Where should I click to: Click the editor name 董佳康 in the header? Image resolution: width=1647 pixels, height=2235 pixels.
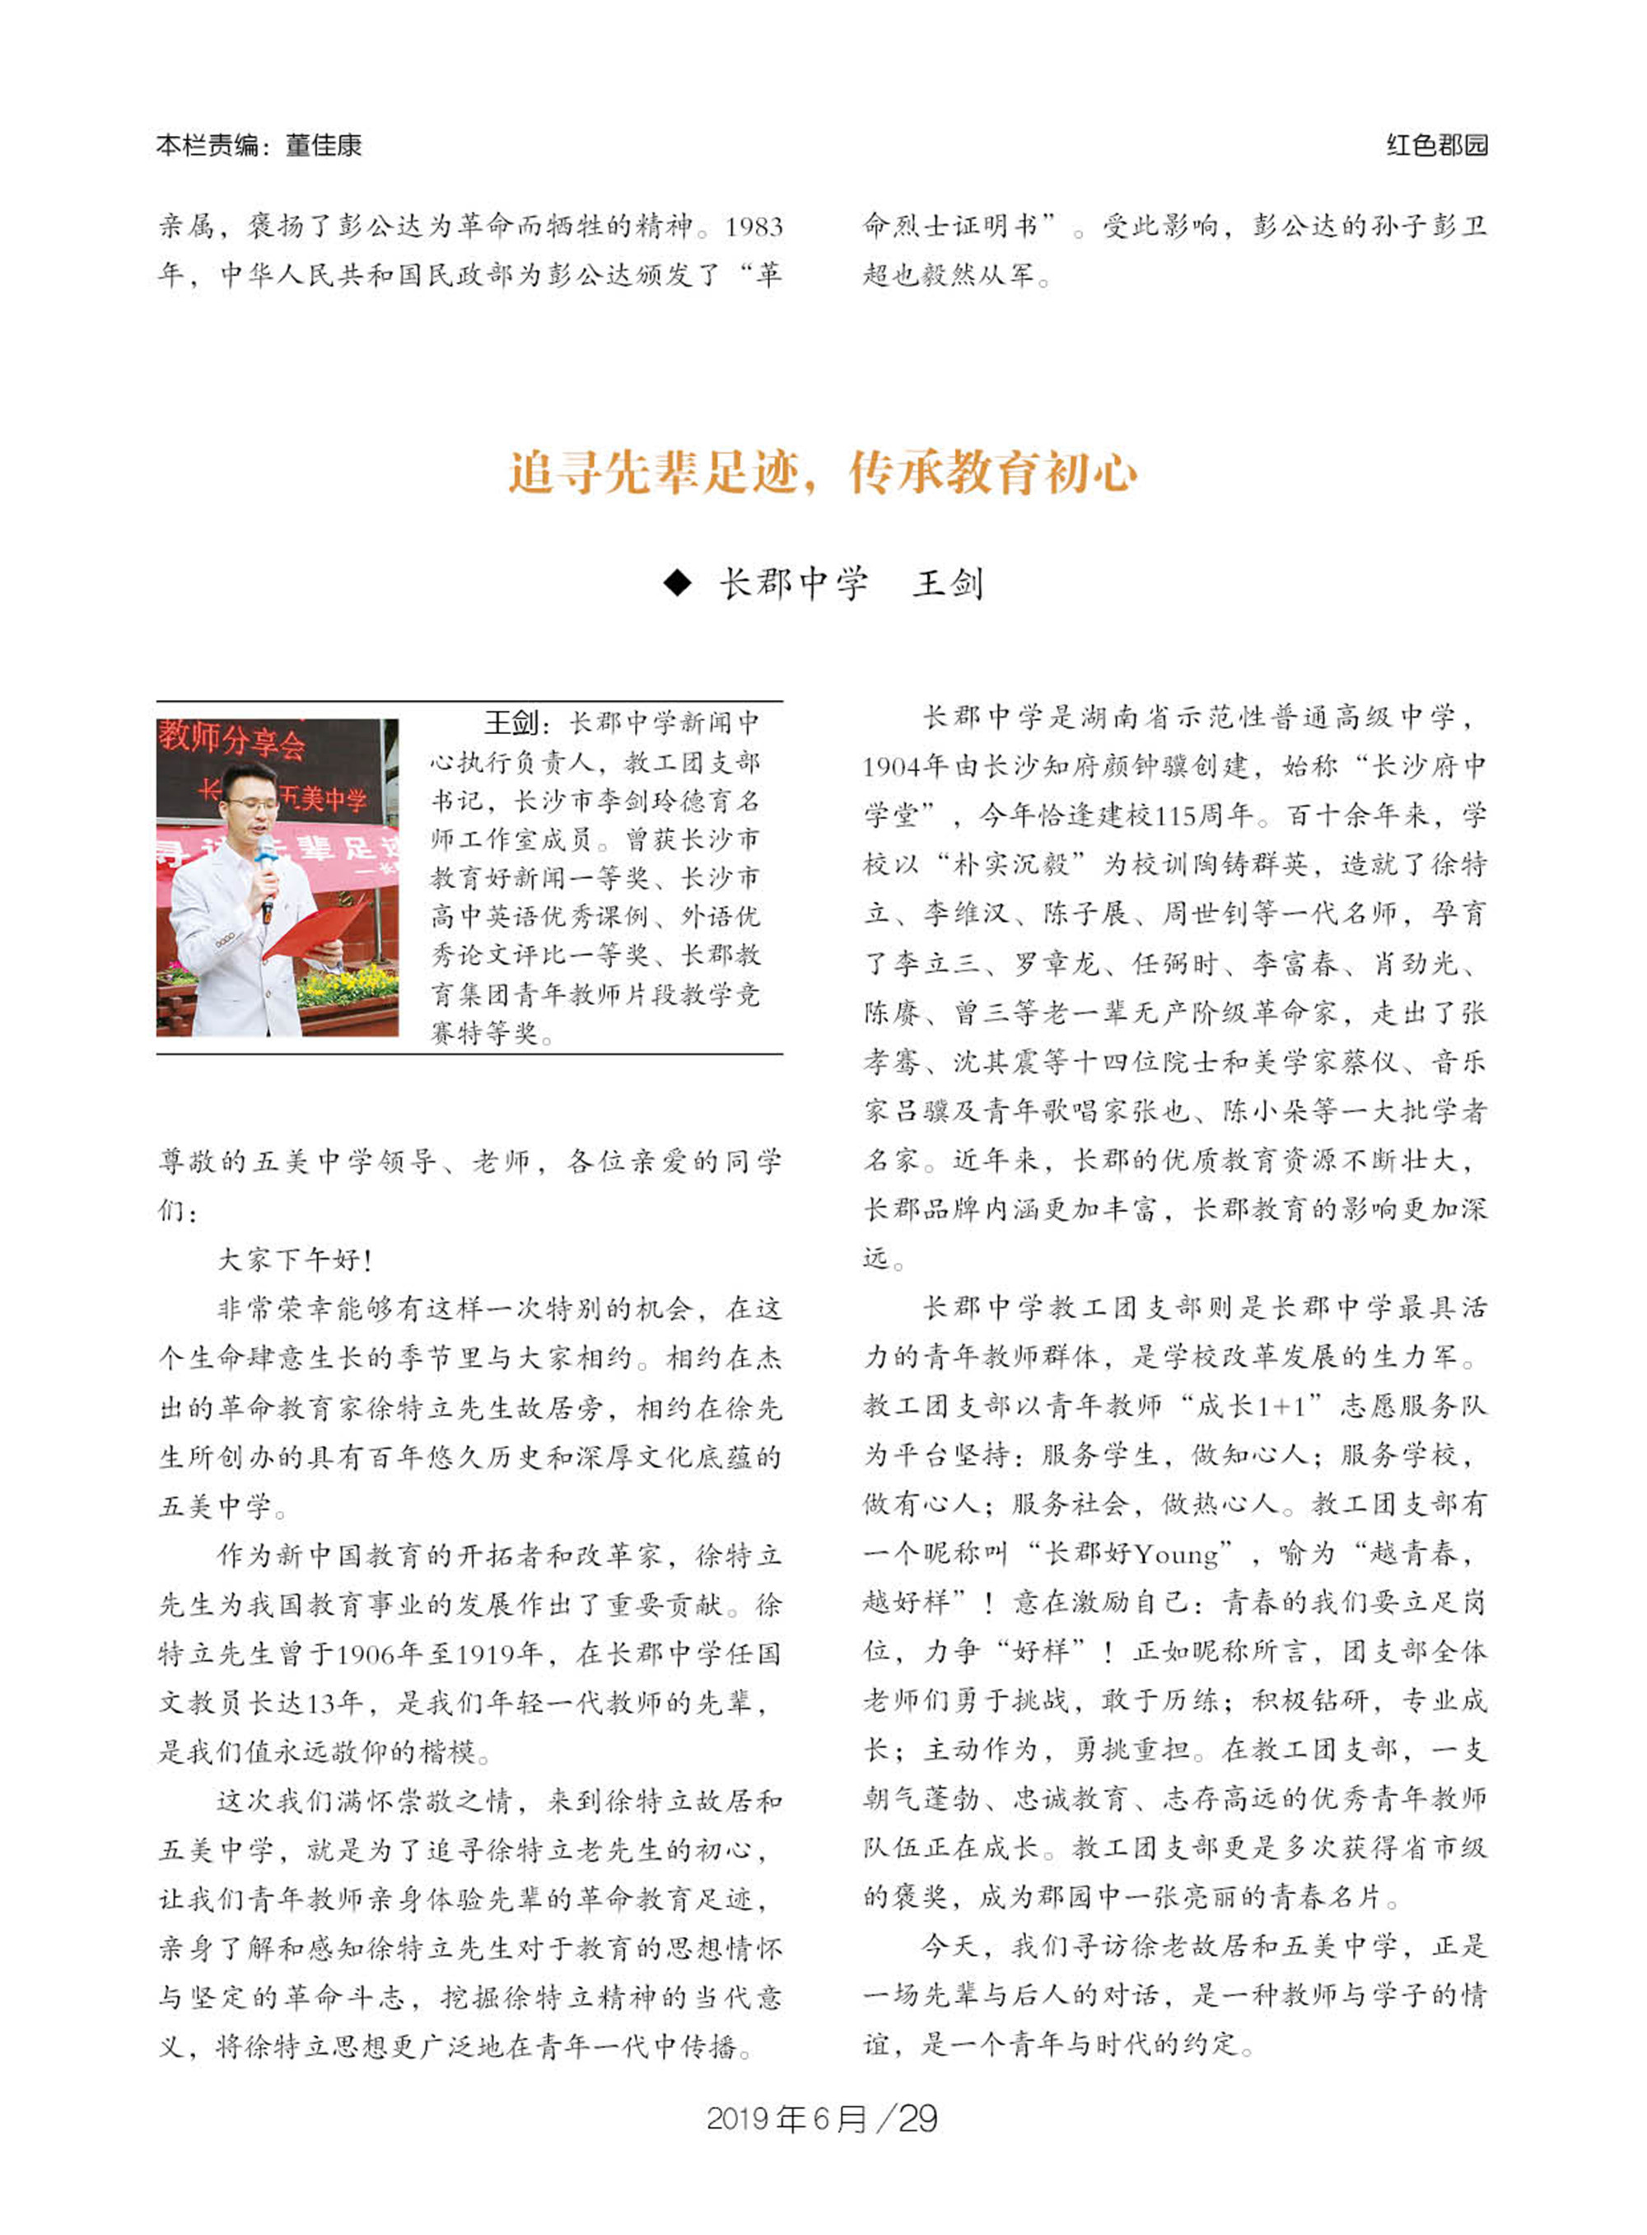tap(323, 146)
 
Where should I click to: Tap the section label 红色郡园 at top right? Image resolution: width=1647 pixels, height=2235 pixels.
tap(1437, 146)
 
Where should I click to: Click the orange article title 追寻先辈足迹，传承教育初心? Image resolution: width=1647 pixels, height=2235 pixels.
tap(823, 473)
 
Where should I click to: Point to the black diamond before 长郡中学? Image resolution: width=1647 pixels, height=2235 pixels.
tap(677, 583)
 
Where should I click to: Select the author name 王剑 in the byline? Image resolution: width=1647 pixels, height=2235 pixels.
tap(948, 583)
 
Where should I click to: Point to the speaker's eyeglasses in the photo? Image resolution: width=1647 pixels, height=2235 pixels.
tap(251, 804)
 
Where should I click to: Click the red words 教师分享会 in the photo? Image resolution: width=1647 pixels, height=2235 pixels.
tap(231, 739)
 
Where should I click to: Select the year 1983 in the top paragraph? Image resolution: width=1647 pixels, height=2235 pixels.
tap(754, 227)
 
